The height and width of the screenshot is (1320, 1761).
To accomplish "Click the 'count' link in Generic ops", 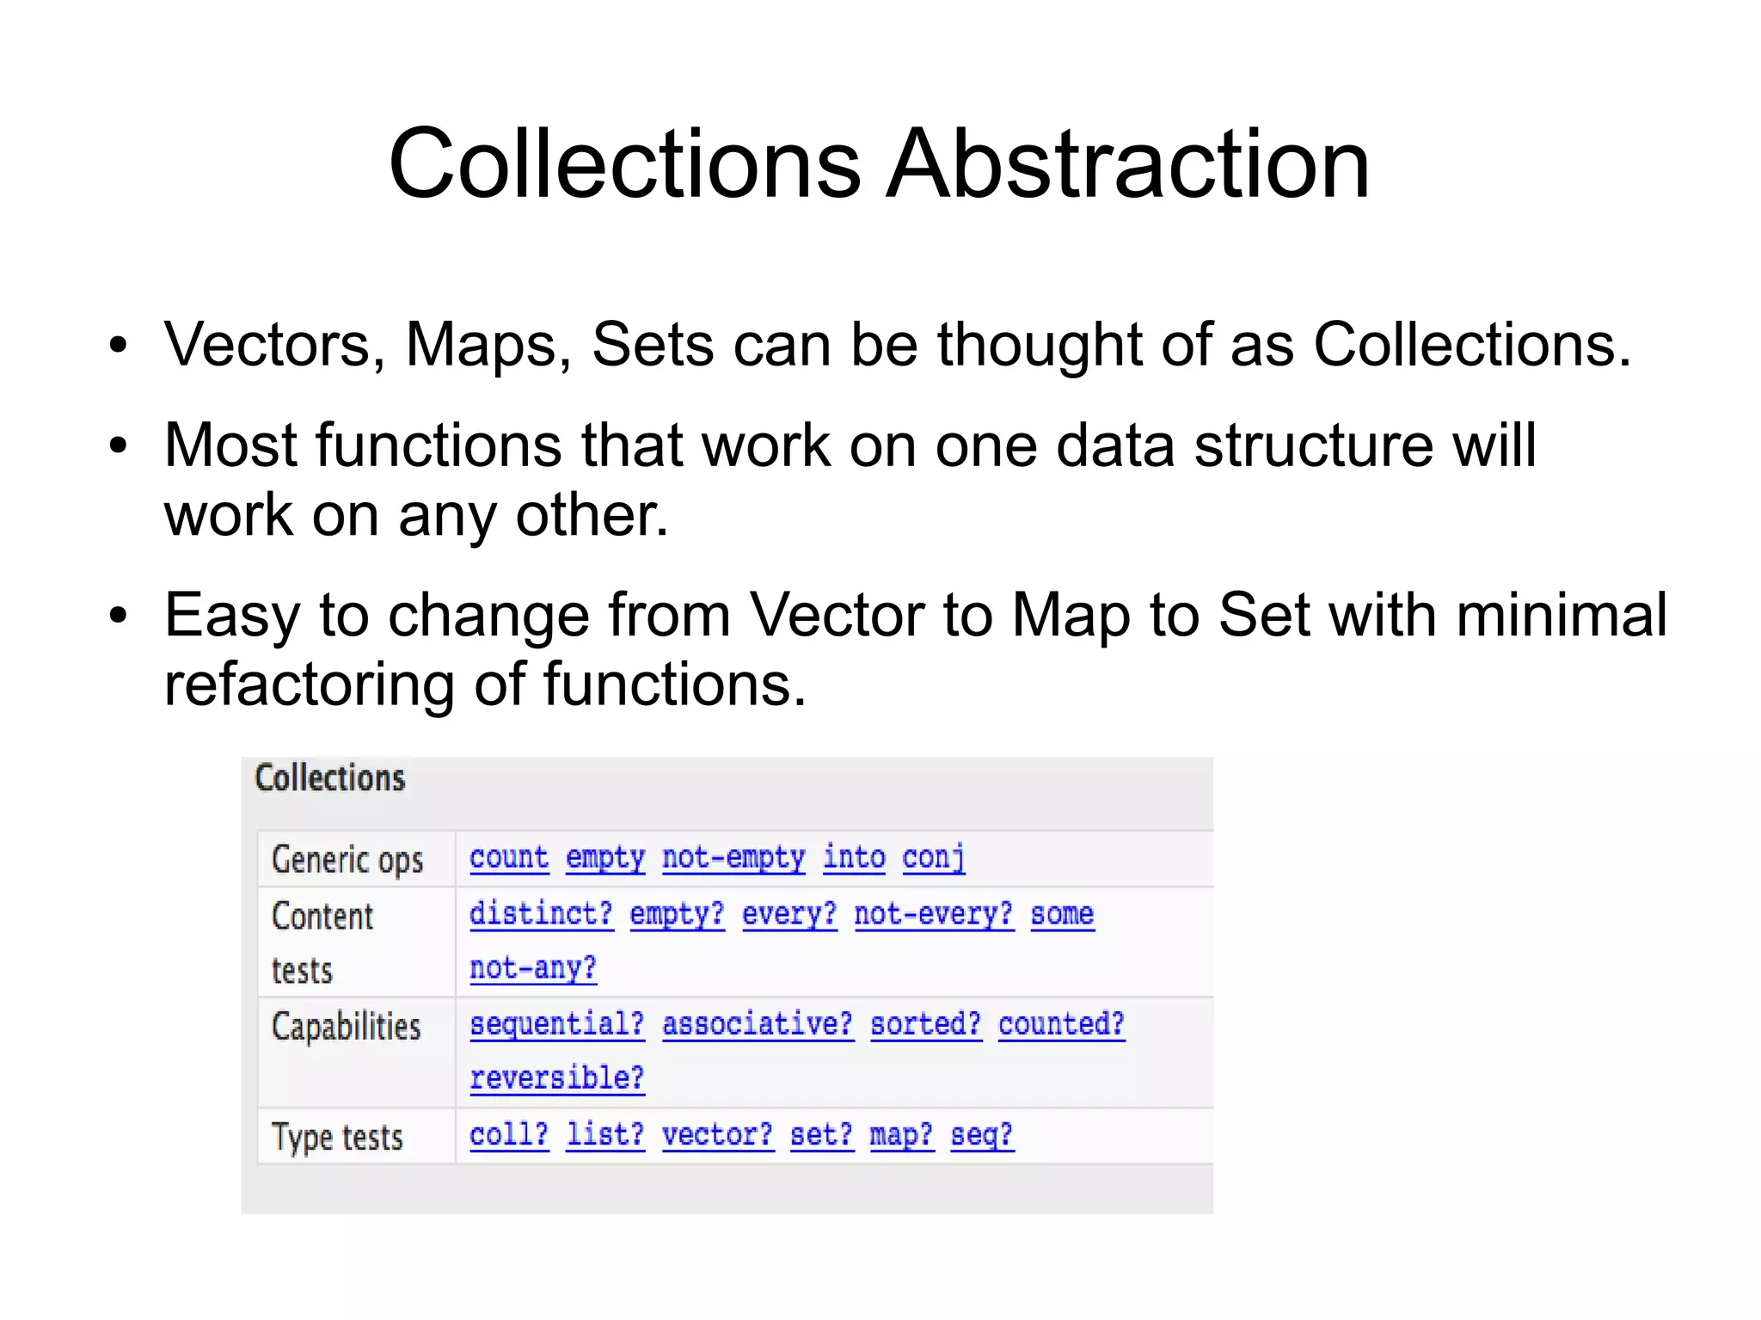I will pyautogui.click(x=509, y=857).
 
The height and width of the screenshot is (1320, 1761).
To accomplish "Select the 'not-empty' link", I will pyautogui.click(x=733, y=857).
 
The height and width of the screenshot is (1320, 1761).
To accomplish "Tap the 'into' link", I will pyautogui.click(x=854, y=857).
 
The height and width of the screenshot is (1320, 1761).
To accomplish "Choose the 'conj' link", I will pyautogui.click(x=934, y=857).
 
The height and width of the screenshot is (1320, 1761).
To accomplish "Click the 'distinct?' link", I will pyautogui.click(x=541, y=913).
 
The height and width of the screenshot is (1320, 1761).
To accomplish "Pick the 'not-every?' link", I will pyautogui.click(x=933, y=913).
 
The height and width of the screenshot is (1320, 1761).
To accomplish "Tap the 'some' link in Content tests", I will pyautogui.click(x=1062, y=913).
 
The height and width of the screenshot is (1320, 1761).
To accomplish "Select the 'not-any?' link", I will pyautogui.click(x=532, y=968).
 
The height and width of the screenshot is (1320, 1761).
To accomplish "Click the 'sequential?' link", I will pyautogui.click(x=556, y=1024).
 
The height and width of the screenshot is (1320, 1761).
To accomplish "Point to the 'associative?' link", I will pyautogui.click(x=758, y=1024).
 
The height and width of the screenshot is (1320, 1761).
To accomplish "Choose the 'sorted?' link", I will pyautogui.click(x=925, y=1024).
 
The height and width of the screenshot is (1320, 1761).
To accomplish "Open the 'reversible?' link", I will pyautogui.click(x=556, y=1078).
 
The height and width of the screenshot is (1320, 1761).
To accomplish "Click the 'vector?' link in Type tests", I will pyautogui.click(x=717, y=1135).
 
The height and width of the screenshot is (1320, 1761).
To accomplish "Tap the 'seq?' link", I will pyautogui.click(x=981, y=1135).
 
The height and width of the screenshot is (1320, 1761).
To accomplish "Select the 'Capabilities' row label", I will pyautogui.click(x=346, y=1027).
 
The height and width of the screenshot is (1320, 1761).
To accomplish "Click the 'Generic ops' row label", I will pyautogui.click(x=347, y=860).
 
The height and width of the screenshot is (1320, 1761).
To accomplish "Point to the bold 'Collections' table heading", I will pyautogui.click(x=330, y=778).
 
